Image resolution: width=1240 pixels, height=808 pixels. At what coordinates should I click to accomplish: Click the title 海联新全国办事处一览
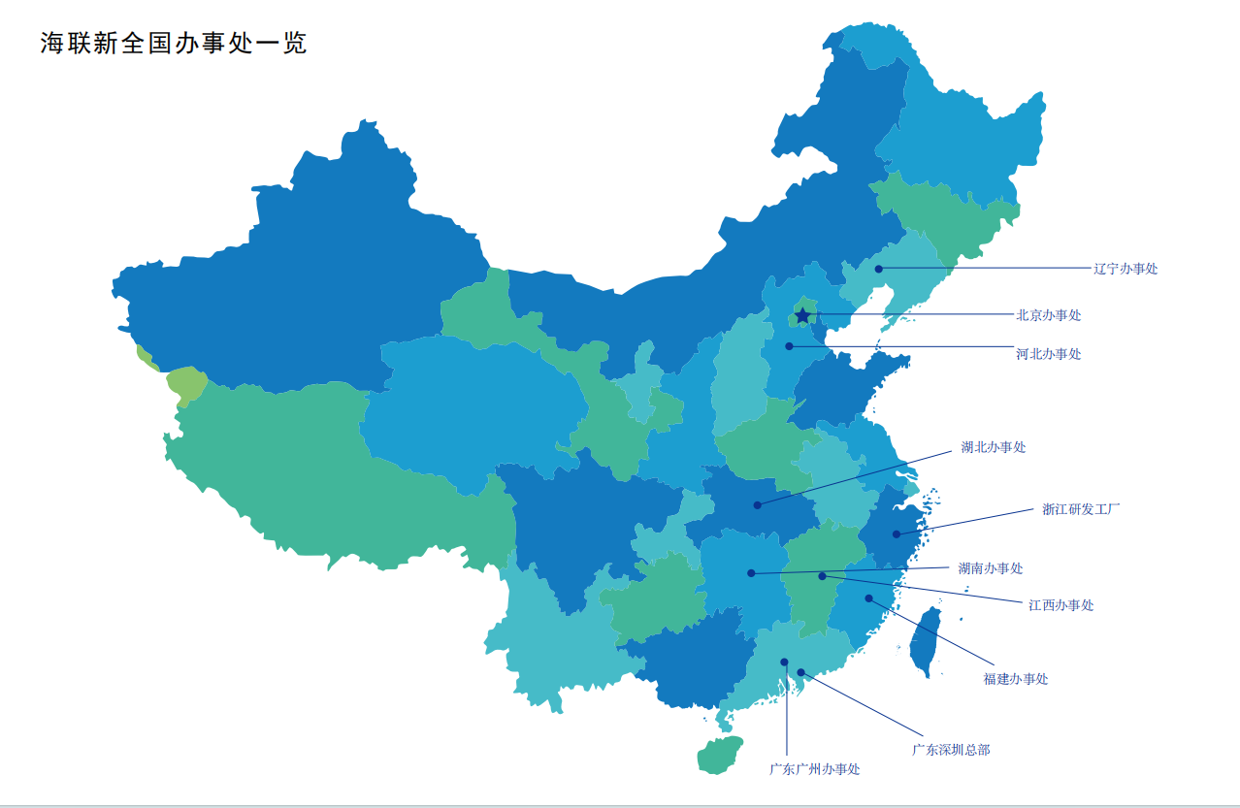[x=174, y=44]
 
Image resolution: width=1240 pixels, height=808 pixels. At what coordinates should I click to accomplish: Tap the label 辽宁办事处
[x=1126, y=269]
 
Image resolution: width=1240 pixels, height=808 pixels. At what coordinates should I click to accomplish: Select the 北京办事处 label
[x=1048, y=315]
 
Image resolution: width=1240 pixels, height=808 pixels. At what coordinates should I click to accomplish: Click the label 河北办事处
[x=1048, y=354]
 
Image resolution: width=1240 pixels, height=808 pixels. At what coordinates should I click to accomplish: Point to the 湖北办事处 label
[x=993, y=447]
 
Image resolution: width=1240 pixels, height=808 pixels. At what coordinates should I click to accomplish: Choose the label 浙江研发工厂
[x=1080, y=508]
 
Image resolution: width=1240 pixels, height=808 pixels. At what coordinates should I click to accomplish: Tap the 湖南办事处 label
[x=990, y=568]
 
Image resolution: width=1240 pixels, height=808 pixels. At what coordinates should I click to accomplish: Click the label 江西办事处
[x=1061, y=605]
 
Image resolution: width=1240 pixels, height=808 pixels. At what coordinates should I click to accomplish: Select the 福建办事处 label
[x=1015, y=679]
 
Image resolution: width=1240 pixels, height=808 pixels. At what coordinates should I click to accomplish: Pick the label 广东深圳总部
[x=951, y=750]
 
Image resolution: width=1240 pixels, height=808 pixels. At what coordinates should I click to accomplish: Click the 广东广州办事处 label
[x=814, y=769]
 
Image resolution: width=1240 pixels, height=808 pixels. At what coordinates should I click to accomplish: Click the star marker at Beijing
[x=802, y=315]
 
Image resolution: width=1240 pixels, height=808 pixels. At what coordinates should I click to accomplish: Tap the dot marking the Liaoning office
[x=878, y=269]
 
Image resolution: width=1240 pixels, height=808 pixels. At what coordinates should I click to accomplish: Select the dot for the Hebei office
[x=789, y=345]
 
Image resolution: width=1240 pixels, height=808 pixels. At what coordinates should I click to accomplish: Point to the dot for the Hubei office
[x=757, y=504]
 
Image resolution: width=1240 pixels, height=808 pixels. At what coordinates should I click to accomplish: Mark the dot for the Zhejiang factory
[x=897, y=534]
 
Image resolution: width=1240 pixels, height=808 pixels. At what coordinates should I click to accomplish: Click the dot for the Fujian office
[x=869, y=598]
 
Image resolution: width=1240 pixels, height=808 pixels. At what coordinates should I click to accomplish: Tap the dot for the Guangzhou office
[x=784, y=663]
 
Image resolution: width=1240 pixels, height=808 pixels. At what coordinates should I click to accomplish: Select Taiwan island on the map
[x=927, y=641]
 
